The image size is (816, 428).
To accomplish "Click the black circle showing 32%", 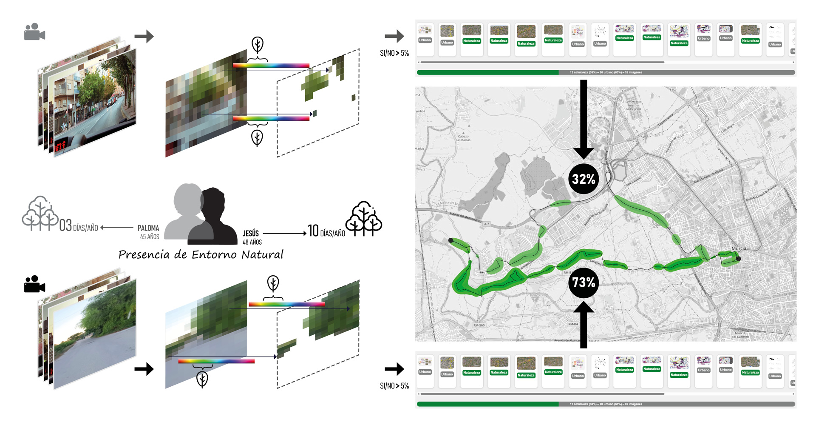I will pyautogui.click(x=583, y=179).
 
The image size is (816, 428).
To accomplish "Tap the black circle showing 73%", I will pyautogui.click(x=583, y=282).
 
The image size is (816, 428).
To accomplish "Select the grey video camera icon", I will pyautogui.click(x=34, y=32).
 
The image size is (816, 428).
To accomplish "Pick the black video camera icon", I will pyautogui.click(x=34, y=284).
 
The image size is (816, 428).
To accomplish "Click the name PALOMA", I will pyautogui.click(x=148, y=228).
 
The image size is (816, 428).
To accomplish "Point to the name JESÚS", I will pyautogui.click(x=251, y=233).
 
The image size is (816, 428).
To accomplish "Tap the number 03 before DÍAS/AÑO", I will pyautogui.click(x=65, y=225).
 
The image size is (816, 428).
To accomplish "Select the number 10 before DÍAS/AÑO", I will pyautogui.click(x=314, y=231).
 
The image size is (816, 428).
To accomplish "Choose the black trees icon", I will pyautogui.click(x=364, y=219).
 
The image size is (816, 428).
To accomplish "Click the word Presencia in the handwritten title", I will pyautogui.click(x=145, y=255).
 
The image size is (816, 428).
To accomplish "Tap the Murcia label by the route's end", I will pyautogui.click(x=739, y=248).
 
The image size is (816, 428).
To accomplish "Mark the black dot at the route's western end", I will pyautogui.click(x=451, y=241).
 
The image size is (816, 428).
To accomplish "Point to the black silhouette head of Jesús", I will pyautogui.click(x=212, y=204).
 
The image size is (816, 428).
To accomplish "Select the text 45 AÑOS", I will pyautogui.click(x=150, y=237).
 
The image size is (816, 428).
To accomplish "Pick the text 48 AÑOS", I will pyautogui.click(x=252, y=242).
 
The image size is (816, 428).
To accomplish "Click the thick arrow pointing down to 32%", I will pyautogui.click(x=584, y=119).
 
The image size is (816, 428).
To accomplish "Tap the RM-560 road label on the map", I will pyautogui.click(x=479, y=325).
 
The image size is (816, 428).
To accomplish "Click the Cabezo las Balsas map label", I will pyautogui.click(x=463, y=138).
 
